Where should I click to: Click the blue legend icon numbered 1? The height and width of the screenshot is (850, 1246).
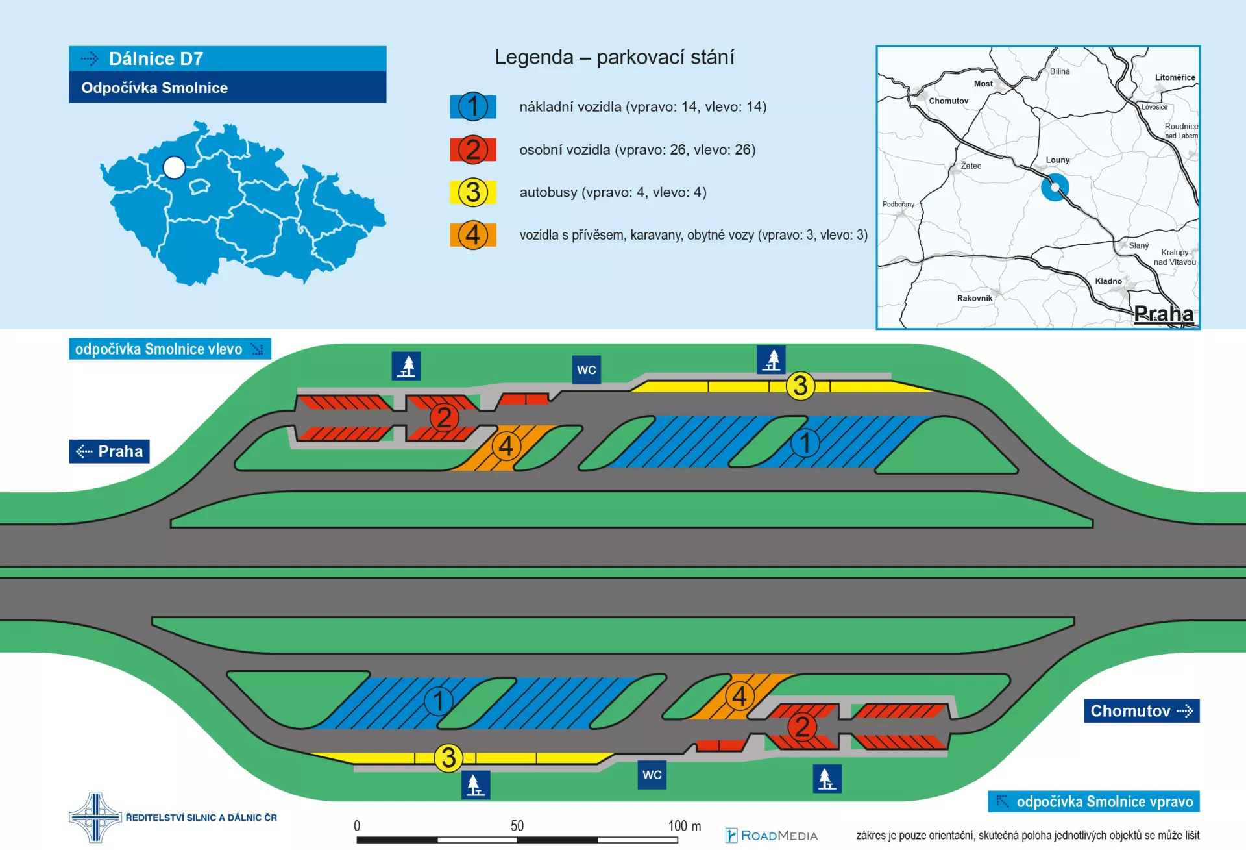pyautogui.click(x=473, y=106)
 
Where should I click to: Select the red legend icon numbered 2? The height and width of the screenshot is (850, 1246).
pyautogui.click(x=473, y=149)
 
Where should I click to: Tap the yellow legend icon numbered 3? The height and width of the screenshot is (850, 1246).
pyautogui.click(x=473, y=192)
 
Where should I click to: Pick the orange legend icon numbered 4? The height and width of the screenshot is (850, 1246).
pyautogui.click(x=473, y=235)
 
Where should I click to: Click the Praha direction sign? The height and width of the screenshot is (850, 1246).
pyautogui.click(x=109, y=451)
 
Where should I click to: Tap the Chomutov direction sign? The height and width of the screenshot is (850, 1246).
pyautogui.click(x=1142, y=710)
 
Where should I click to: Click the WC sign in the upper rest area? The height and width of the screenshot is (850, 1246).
pyautogui.click(x=586, y=370)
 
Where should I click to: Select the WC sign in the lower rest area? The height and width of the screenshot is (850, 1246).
pyautogui.click(x=652, y=775)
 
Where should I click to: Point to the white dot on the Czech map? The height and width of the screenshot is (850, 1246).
pyautogui.click(x=174, y=168)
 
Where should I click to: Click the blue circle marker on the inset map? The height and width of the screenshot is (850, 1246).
pyautogui.click(x=1055, y=187)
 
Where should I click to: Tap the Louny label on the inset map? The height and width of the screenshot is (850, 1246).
pyautogui.click(x=1058, y=160)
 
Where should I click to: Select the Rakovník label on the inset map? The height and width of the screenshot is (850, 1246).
pyautogui.click(x=975, y=298)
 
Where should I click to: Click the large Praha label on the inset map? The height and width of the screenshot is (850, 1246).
pyautogui.click(x=1164, y=314)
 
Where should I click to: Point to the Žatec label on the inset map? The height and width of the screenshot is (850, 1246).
pyautogui.click(x=971, y=166)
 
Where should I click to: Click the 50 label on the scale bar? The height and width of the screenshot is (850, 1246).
pyautogui.click(x=517, y=826)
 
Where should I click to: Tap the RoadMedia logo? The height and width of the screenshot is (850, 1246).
pyautogui.click(x=772, y=836)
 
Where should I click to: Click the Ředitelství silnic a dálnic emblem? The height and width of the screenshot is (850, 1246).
pyautogui.click(x=95, y=817)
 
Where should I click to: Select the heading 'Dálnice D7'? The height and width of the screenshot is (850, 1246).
pyautogui.click(x=156, y=58)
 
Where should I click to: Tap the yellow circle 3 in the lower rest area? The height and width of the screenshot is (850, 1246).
pyautogui.click(x=448, y=758)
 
